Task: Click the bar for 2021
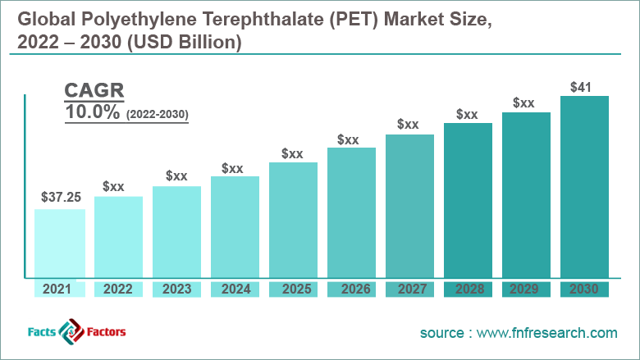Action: click(x=60, y=244)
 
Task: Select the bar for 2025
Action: click(x=293, y=220)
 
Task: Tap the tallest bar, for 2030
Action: click(x=584, y=187)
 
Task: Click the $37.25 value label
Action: click(x=60, y=198)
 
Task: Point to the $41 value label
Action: click(x=584, y=85)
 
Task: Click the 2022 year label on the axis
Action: click(x=118, y=289)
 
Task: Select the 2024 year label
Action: click(x=235, y=289)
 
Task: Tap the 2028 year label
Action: click(x=468, y=289)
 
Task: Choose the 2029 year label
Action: click(x=526, y=289)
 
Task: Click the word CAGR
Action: click(x=95, y=91)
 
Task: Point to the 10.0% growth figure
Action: click(x=93, y=113)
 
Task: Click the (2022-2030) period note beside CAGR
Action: click(x=158, y=116)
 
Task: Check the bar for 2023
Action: click(x=176, y=232)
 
